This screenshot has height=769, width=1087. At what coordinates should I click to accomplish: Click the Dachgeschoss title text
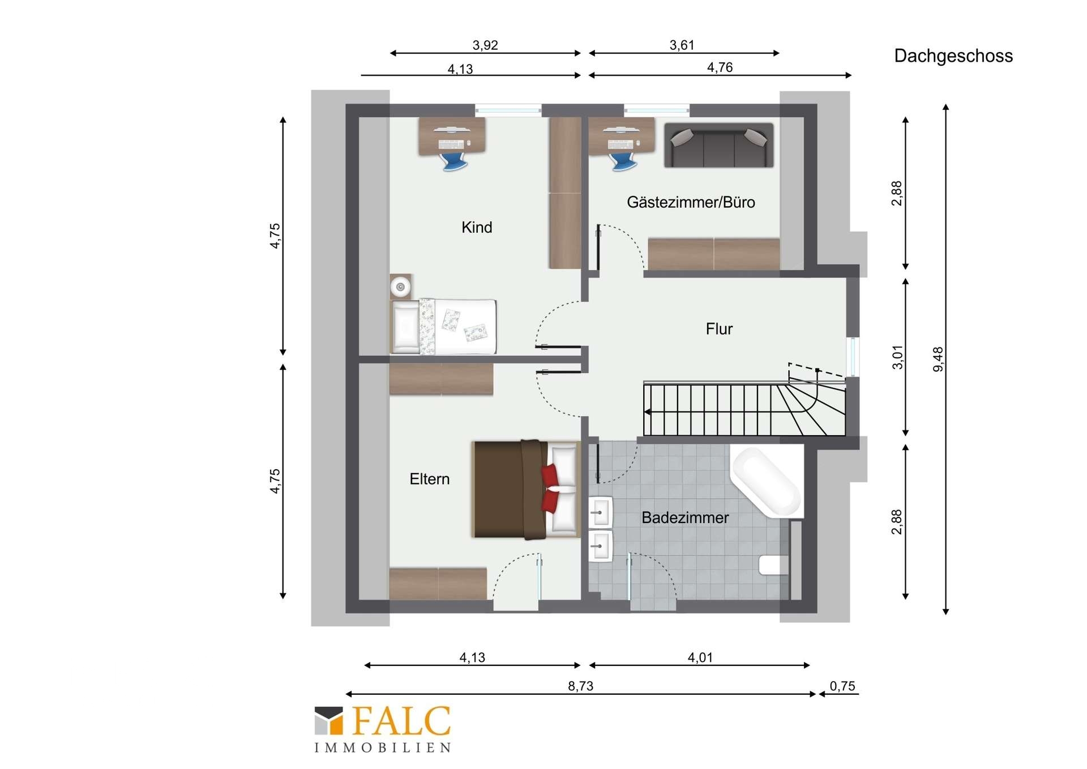click(953, 56)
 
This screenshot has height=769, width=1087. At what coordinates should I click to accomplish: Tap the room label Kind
click(477, 227)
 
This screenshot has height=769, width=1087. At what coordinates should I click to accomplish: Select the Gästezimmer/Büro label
click(691, 202)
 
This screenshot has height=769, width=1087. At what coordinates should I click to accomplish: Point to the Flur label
click(719, 329)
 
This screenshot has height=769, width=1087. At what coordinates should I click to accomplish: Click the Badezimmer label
click(685, 517)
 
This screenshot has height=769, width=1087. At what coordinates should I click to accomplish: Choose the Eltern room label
click(430, 479)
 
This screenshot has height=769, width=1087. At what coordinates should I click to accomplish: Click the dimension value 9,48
click(938, 359)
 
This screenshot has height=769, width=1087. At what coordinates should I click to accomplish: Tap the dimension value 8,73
click(581, 686)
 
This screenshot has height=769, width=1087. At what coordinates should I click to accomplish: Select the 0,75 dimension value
click(842, 686)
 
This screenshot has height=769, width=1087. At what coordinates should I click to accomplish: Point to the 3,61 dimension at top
click(682, 45)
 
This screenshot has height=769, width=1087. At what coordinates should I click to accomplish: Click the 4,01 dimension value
click(700, 657)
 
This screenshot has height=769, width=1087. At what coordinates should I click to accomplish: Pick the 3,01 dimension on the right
click(898, 357)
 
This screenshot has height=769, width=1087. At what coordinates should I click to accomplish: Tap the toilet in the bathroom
click(773, 565)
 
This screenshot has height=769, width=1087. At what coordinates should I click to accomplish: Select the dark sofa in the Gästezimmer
click(718, 145)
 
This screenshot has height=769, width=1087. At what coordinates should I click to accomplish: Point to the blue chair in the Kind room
click(454, 161)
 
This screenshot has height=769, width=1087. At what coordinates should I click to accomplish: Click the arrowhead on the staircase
click(648, 412)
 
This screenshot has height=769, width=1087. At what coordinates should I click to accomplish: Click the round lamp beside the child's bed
click(401, 287)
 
